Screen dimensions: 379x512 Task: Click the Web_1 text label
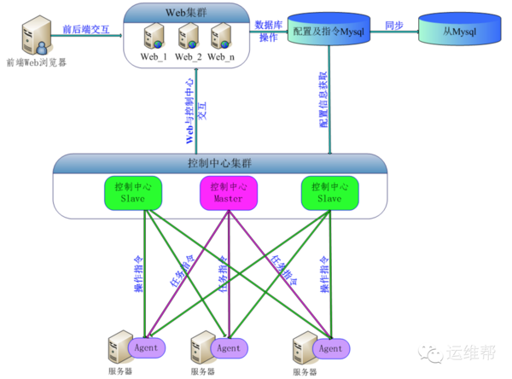(x=154, y=56)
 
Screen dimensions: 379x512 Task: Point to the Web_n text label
(x=220, y=56)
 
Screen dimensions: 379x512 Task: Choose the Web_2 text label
(x=188, y=56)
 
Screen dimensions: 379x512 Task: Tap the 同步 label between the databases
(x=394, y=25)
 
